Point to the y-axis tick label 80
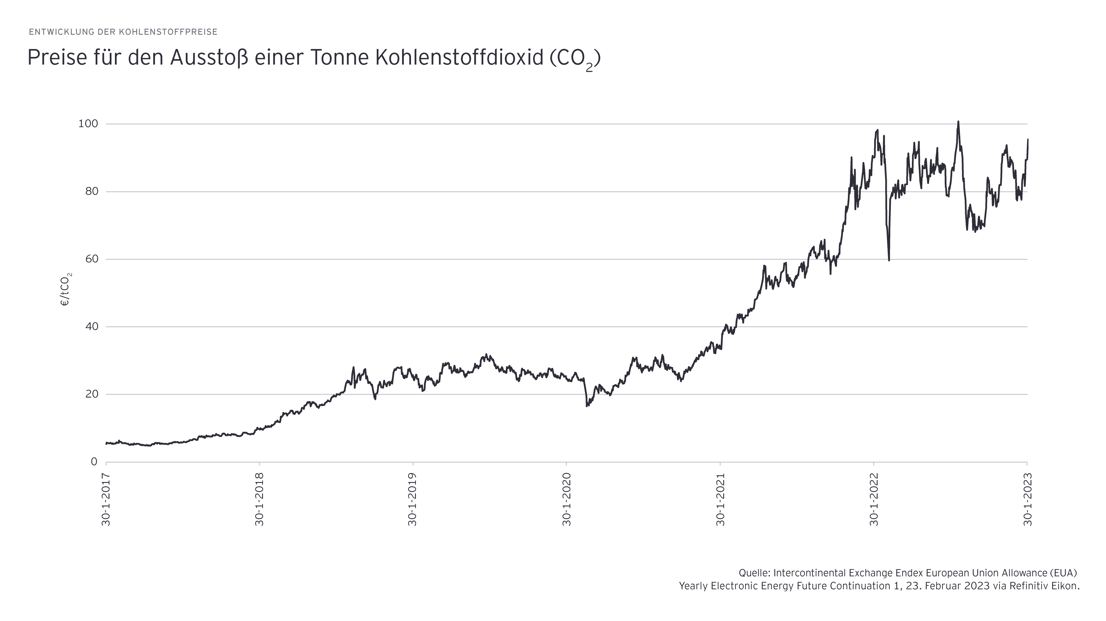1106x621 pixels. [x=92, y=192]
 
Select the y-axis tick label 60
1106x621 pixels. [x=92, y=259]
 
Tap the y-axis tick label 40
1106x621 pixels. [x=92, y=327]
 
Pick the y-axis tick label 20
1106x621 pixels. [x=92, y=394]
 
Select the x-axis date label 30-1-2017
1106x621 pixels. [x=106, y=499]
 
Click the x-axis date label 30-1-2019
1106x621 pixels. [x=413, y=499]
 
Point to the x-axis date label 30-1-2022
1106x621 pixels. [x=874, y=499]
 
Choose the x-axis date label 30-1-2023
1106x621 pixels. [x=1027, y=499]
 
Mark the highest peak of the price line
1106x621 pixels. [x=958, y=122]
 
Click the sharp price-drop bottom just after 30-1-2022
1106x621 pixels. [x=889, y=259]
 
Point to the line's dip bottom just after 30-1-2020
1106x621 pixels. [x=587, y=406]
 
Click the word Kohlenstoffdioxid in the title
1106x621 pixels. [x=459, y=58]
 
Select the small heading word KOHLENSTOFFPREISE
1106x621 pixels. [x=168, y=32]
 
